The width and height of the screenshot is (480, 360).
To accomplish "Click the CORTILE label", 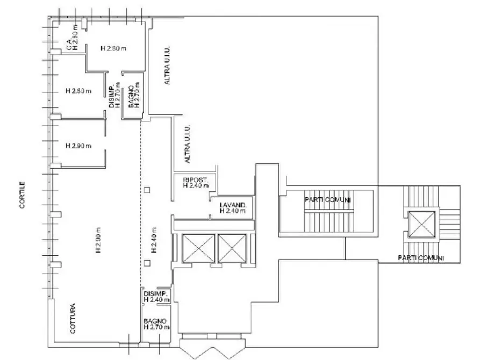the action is [x=22, y=195].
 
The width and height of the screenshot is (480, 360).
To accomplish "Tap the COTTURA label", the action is [x=73, y=319].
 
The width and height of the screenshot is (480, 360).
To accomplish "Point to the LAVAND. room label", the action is [x=233, y=205].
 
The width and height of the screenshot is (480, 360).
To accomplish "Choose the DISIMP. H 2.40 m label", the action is [x=156, y=296].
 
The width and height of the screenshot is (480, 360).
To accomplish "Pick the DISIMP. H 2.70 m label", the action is [x=116, y=95].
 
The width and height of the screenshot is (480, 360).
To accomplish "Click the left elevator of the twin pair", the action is [x=198, y=248].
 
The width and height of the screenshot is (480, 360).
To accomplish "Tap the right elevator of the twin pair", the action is [x=232, y=248].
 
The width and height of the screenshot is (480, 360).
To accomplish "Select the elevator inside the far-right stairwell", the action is [x=421, y=224].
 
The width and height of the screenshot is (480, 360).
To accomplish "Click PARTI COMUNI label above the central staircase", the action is [x=327, y=200].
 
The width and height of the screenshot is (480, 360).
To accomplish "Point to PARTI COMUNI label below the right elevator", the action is [x=421, y=258].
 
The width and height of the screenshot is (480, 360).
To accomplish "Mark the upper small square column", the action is [x=147, y=190].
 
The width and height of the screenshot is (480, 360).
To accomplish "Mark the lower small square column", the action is [x=147, y=263].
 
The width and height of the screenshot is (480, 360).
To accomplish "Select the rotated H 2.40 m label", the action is [x=154, y=240].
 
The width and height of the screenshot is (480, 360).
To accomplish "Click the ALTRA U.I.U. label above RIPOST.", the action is [x=188, y=143].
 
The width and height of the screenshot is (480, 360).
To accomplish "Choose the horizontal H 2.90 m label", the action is [x=78, y=146].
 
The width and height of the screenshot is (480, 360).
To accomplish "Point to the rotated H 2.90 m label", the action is [x=98, y=240].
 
